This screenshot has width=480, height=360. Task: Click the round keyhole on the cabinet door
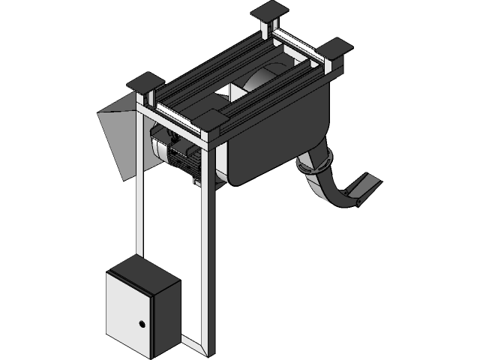[x=141, y=324]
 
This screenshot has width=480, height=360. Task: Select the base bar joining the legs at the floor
[x=191, y=344]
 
